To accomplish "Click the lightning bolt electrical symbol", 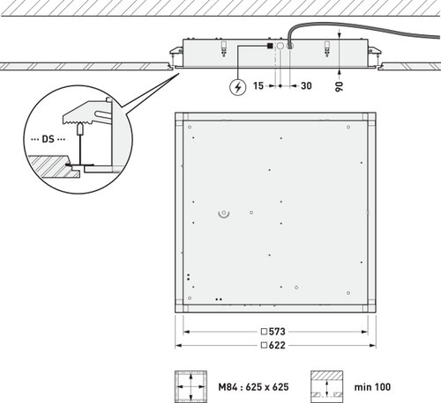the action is tap(237, 87).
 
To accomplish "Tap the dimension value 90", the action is tap(339, 86).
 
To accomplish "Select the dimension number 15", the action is tap(258, 86).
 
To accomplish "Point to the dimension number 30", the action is tap(306, 86).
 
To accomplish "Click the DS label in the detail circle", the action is tap(49, 139).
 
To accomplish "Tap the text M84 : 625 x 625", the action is tap(253, 387).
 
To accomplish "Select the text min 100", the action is tap(372, 387).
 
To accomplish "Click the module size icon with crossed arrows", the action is tap(191, 386).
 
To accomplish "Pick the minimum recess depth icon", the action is tap(327, 386).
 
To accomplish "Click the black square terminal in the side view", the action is tap(270, 46).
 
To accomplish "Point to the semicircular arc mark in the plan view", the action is tap(224, 216).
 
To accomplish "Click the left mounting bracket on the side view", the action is tap(176, 52).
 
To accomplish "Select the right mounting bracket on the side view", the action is tap(373, 52).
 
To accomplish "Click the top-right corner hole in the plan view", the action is tap(348, 127).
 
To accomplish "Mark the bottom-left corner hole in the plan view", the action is tap(190, 298).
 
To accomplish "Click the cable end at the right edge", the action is tap(439, 37).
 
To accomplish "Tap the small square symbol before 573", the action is tap(264, 332).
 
